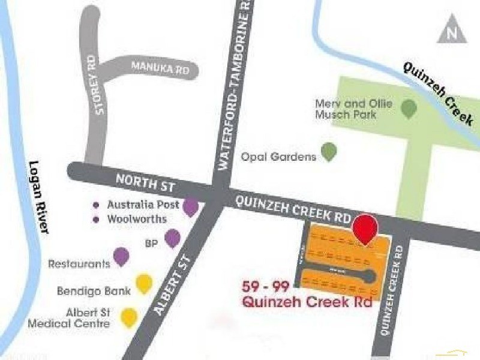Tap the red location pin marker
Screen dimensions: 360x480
pos(365,227)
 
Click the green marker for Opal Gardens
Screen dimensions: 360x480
pos(329,152)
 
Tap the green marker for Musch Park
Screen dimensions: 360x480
pos(409,109)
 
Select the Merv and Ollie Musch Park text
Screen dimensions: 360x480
pos(353,109)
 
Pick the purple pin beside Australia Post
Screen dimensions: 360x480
pos(191,207)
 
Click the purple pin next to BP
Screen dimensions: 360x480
pos(173,238)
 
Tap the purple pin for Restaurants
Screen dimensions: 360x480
pos(121,257)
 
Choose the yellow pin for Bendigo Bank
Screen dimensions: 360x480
pos(143,283)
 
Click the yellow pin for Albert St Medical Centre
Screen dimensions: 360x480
pos(129,316)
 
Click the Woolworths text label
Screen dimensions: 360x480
pos(136,219)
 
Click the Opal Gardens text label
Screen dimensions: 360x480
pos(278,157)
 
